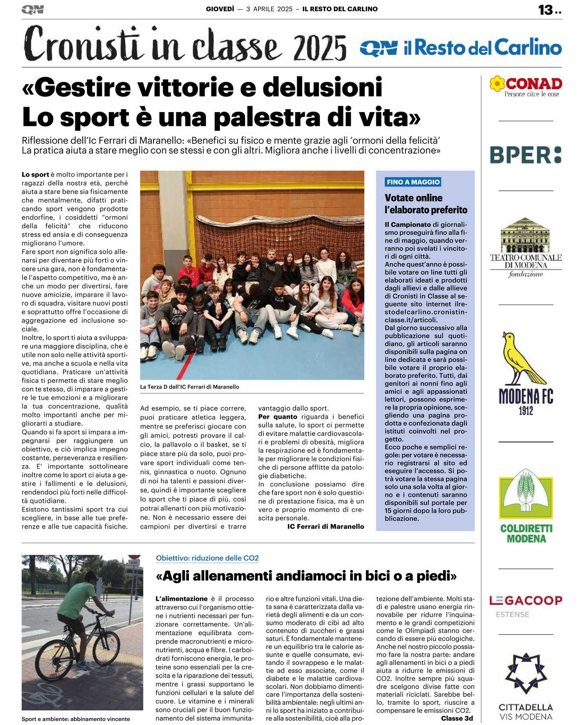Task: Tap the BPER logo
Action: [x=525, y=155]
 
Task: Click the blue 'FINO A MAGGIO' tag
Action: [x=413, y=182]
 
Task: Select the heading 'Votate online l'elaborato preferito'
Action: [x=426, y=204]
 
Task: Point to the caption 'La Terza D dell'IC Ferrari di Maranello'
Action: [x=189, y=387]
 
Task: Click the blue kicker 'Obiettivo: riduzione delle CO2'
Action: [x=207, y=558]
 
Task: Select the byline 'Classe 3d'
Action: [x=457, y=718]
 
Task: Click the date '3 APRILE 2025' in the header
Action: [x=269, y=9]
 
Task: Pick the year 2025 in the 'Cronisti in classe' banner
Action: [x=320, y=49]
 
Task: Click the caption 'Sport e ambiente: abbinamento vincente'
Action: [x=76, y=718]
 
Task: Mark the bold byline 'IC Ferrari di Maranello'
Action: [x=325, y=526]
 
